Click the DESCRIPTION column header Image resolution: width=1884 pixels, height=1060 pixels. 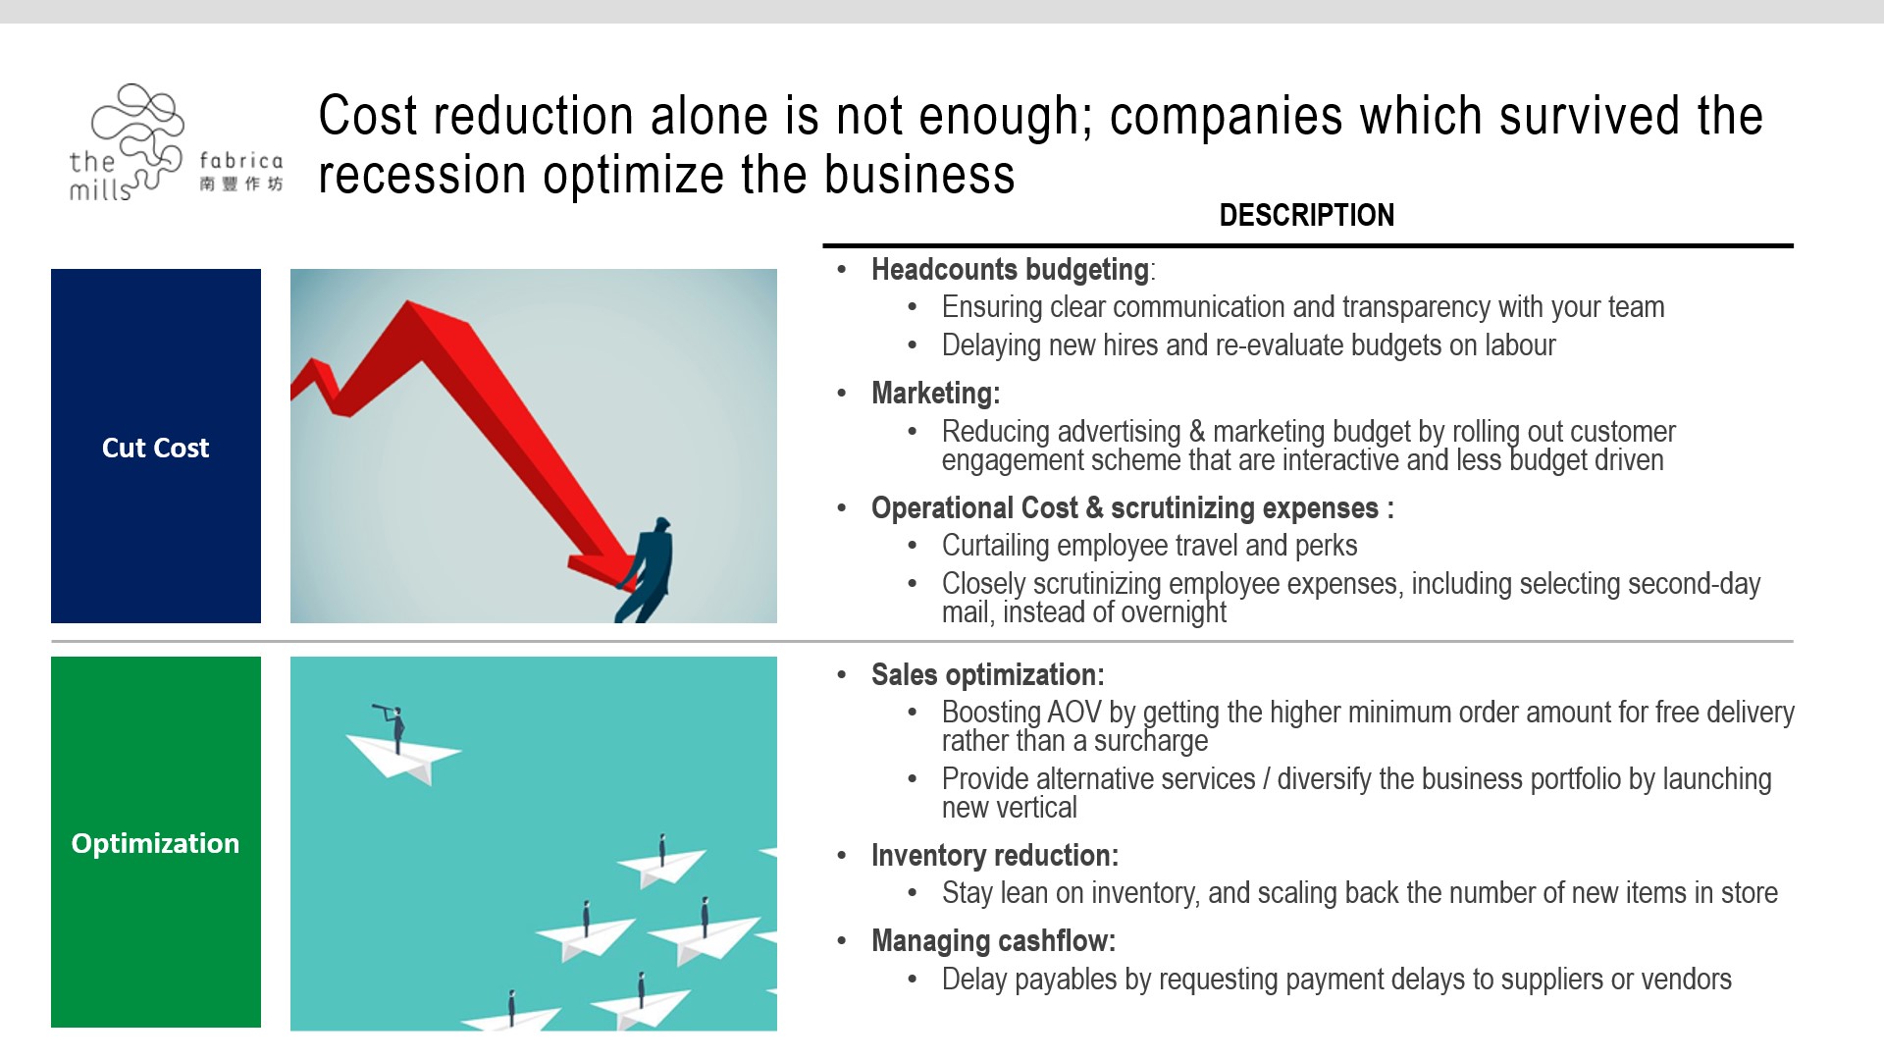pyautogui.click(x=1306, y=215)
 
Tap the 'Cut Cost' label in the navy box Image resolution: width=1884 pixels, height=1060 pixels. pyautogui.click(x=155, y=448)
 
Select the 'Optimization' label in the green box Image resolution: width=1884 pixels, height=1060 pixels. pyautogui.click(x=155, y=843)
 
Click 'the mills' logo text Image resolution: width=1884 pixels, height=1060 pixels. pyautogui.click(x=100, y=176)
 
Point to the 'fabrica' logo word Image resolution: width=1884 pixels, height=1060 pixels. pyautogui.click(x=240, y=160)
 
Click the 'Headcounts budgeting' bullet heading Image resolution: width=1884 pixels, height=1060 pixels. pyautogui.click(x=1010, y=269)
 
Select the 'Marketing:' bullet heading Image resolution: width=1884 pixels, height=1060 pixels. pyautogui.click(x=935, y=393)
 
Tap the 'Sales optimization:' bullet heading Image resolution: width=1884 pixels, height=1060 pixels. pyautogui.click(x=987, y=674)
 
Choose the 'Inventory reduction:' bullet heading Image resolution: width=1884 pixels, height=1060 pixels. pyautogui.click(x=994, y=855)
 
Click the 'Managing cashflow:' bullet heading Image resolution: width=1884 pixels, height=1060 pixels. pyautogui.click(x=993, y=940)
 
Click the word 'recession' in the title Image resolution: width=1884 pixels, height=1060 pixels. pyautogui.click(x=423, y=175)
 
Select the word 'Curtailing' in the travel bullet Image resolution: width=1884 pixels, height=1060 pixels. pyautogui.click(x=994, y=546)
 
